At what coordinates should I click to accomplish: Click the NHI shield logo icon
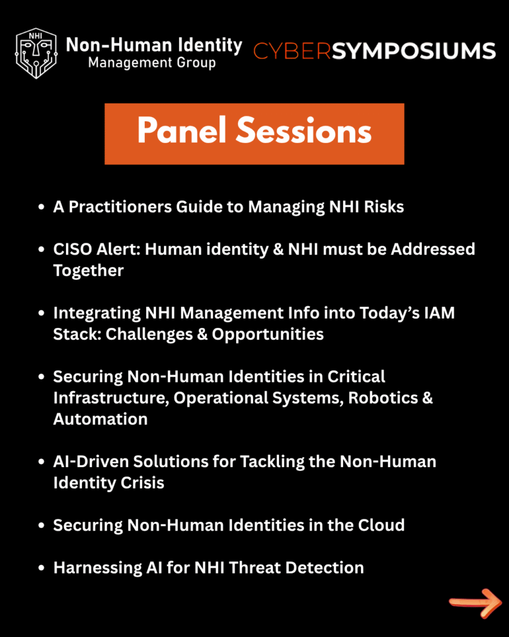point(36,53)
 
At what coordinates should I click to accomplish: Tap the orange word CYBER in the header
point(292,51)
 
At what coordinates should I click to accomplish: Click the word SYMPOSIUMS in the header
point(414,51)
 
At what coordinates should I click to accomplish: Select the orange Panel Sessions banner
point(255,134)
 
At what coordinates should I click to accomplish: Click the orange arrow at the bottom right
point(475,603)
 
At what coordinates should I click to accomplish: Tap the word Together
point(88,271)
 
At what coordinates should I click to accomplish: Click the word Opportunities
point(267,334)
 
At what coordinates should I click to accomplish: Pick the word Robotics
point(383,398)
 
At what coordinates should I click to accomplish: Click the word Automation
point(100,419)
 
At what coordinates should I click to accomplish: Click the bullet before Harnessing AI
point(41,568)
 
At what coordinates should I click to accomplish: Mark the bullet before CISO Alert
point(41,249)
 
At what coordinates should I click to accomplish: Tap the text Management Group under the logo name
point(152,63)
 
